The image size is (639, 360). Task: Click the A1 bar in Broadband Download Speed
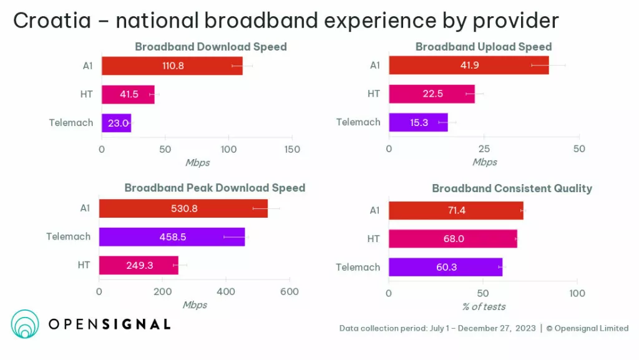(x=172, y=66)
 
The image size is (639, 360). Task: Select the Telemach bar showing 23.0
(x=116, y=123)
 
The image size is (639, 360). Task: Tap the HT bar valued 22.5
(x=431, y=94)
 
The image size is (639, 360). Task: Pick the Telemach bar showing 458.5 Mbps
(x=172, y=237)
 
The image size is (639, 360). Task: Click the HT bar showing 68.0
(x=452, y=238)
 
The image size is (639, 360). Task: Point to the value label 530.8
(x=184, y=208)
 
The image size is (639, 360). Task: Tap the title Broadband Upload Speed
(x=484, y=47)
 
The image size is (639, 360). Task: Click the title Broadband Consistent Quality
(x=512, y=188)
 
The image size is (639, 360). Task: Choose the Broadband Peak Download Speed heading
(x=215, y=188)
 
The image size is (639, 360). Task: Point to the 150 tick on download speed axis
(x=292, y=150)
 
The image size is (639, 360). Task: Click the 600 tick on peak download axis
(x=289, y=291)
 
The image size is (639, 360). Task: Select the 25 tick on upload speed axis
(x=484, y=149)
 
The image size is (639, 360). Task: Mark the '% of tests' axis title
(x=484, y=306)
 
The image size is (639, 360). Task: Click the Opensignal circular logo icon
(x=25, y=324)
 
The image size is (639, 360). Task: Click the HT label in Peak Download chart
(x=84, y=265)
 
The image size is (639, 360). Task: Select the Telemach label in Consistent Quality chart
(x=358, y=267)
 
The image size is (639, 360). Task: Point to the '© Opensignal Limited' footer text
(x=587, y=328)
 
